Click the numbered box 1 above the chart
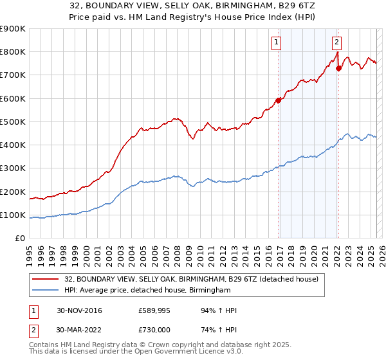pos(276,43)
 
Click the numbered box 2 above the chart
pos(336,43)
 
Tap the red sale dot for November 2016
pos(279,100)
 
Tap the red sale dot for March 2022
pos(339,67)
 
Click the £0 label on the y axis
pos(19,239)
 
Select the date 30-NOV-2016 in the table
pos(79,310)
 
